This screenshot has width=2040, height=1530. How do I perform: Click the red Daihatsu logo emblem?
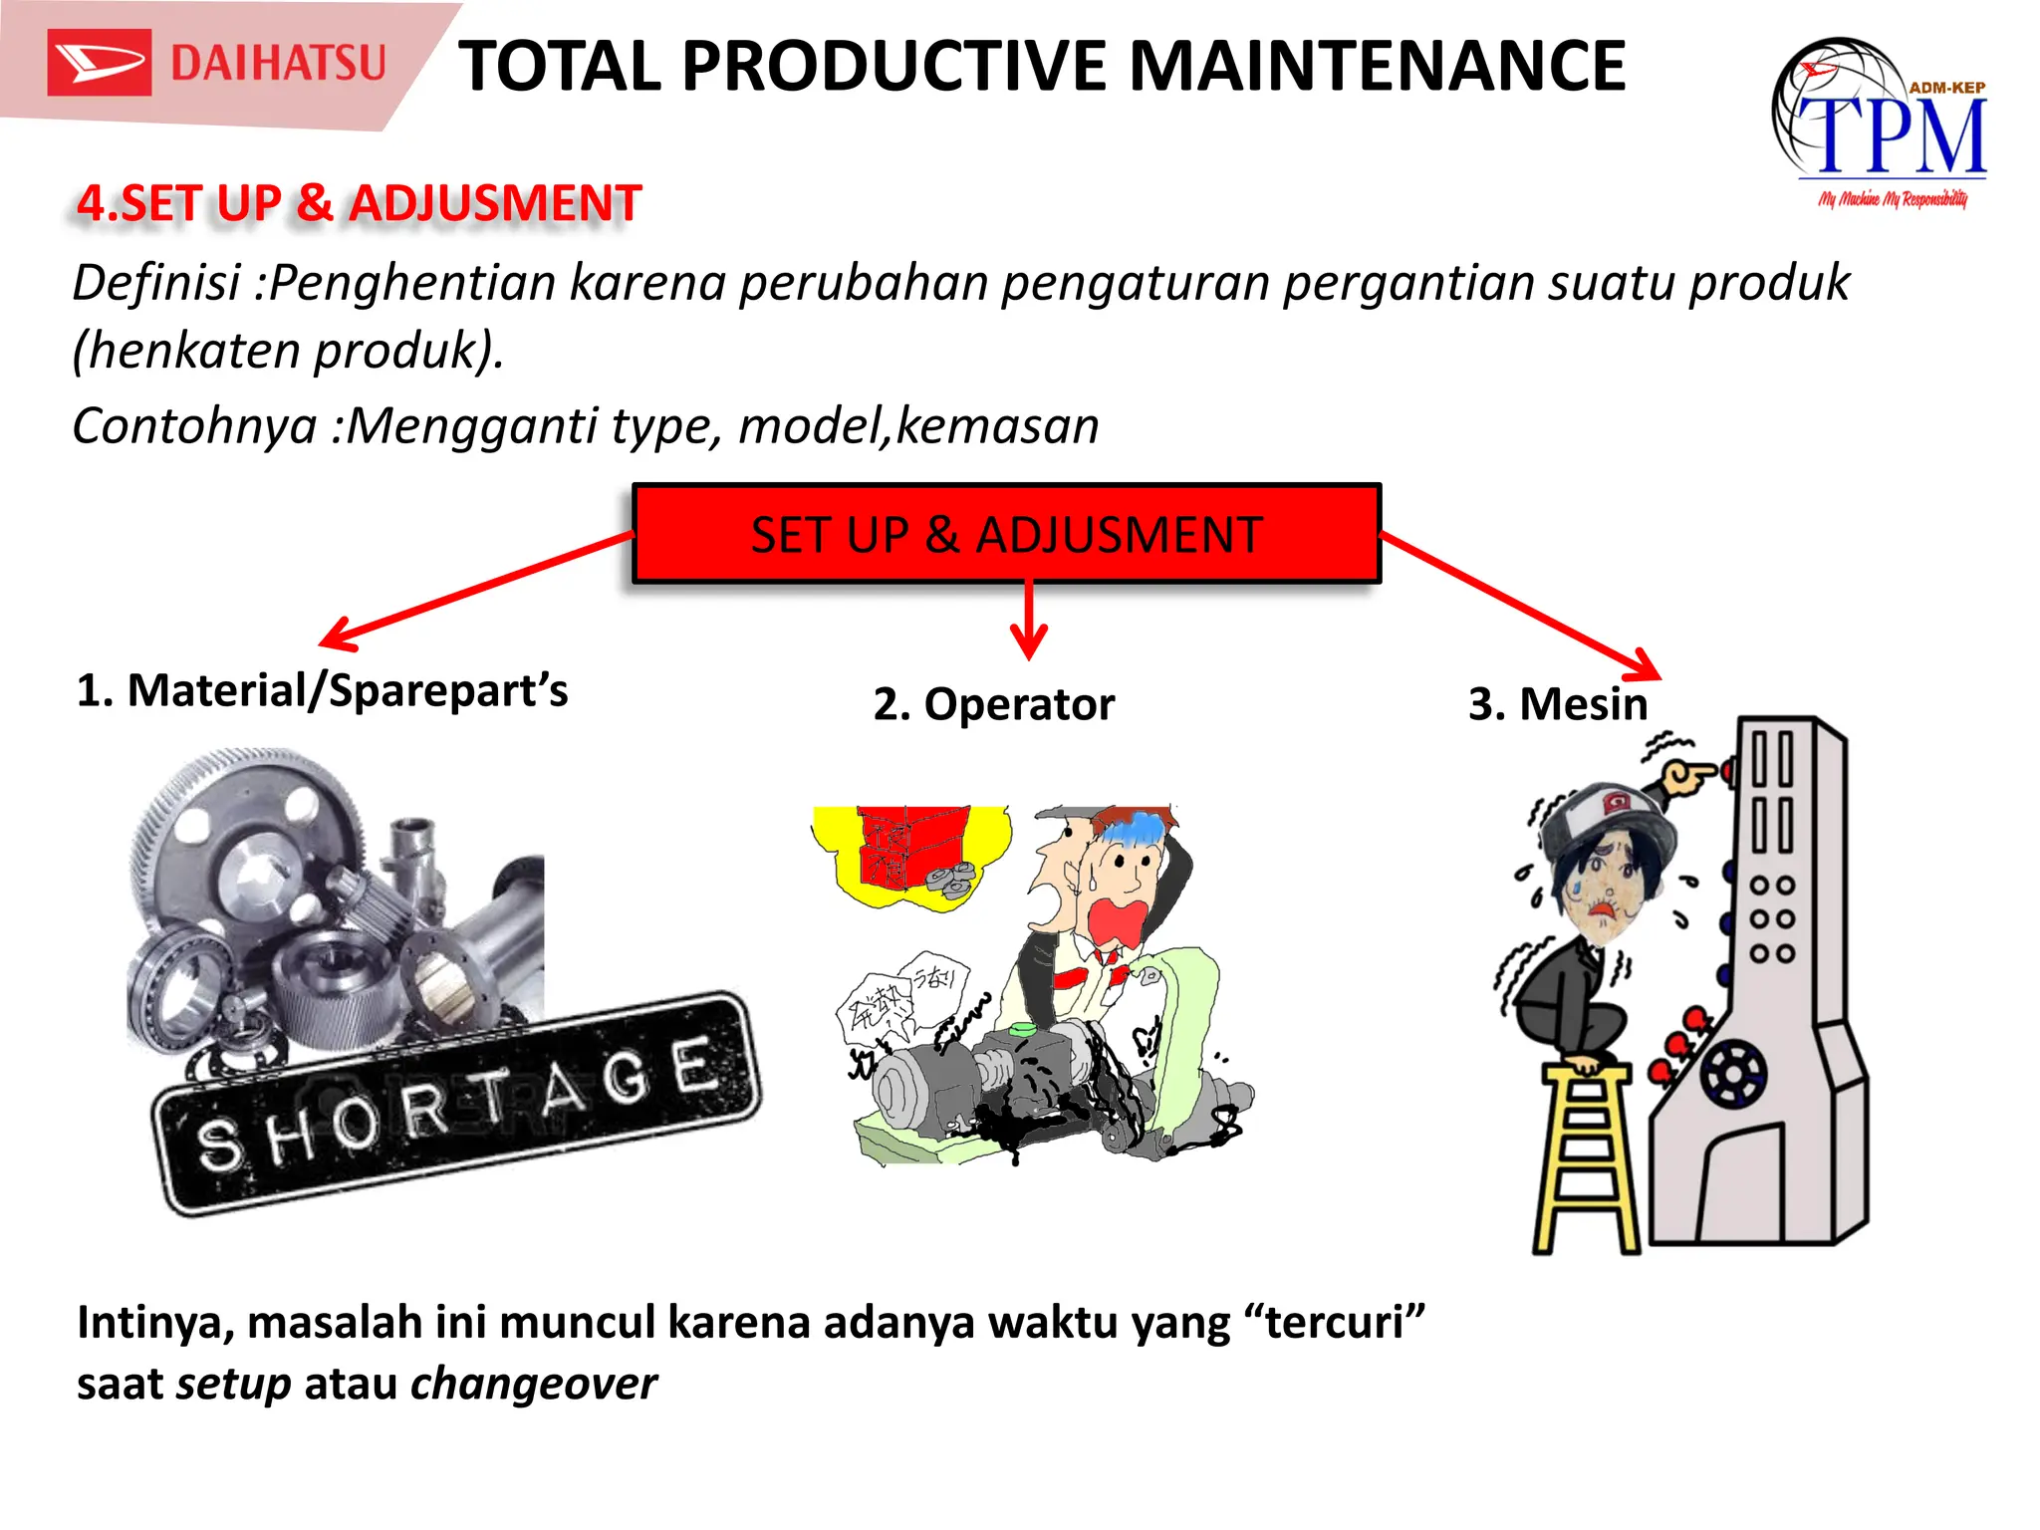[x=99, y=63]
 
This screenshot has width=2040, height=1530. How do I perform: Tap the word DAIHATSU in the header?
[x=278, y=63]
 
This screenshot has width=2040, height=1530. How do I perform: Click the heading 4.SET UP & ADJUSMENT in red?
[x=359, y=203]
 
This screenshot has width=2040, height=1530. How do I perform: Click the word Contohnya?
[x=194, y=425]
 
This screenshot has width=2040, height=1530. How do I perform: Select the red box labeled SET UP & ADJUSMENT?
[x=1006, y=534]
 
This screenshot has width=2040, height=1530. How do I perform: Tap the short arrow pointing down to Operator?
[x=1028, y=622]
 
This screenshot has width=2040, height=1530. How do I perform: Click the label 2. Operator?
[x=993, y=704]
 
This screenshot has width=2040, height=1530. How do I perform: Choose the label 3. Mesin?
[x=1558, y=704]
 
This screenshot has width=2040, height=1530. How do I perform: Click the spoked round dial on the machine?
[x=1733, y=1074]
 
